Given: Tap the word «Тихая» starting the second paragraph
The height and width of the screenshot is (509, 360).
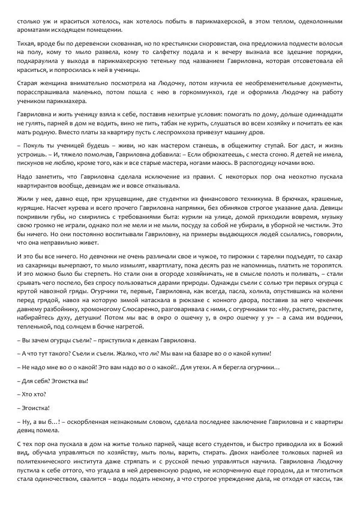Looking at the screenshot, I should [x=27, y=44].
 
